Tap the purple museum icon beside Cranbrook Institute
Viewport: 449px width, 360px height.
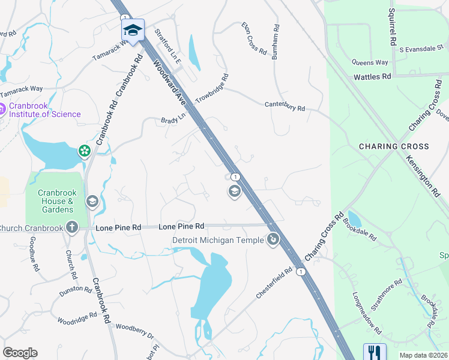tap(3, 109)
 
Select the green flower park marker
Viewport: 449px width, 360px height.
tap(85, 151)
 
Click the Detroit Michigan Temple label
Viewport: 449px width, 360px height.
tap(217, 241)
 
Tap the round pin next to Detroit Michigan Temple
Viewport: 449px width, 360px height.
tap(273, 240)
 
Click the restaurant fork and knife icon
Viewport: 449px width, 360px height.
tap(374, 352)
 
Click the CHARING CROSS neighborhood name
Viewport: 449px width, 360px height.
tap(394, 146)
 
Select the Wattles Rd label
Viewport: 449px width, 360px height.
tap(372, 77)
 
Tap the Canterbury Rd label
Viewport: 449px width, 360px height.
tap(285, 106)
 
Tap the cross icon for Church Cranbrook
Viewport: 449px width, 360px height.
tap(71, 227)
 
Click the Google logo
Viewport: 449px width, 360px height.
tap(20, 353)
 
